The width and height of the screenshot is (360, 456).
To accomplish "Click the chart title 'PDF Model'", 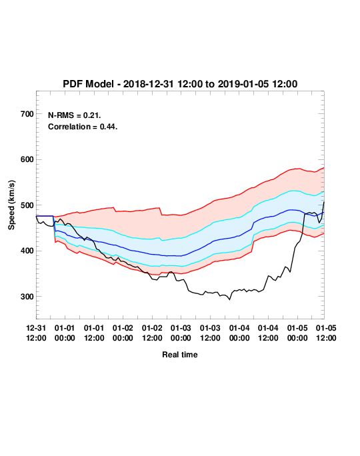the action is point(88,84).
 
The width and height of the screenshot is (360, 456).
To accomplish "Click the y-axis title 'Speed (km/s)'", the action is point(11,205).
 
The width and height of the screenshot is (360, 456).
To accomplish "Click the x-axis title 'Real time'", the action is point(180,355).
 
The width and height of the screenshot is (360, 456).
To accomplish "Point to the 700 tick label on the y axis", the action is point(27,114).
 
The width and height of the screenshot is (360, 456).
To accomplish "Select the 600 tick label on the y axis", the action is point(27,159).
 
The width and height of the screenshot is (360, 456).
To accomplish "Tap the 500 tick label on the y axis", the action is point(27,205).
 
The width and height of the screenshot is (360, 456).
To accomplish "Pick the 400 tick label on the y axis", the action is point(27,251).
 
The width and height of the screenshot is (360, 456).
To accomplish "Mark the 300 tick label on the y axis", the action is point(27,297).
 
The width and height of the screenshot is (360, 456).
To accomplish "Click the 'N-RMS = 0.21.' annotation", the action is point(75,115).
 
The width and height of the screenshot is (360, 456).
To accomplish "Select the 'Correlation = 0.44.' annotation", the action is point(83,127).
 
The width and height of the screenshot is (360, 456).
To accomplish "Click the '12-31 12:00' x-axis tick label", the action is point(36,333).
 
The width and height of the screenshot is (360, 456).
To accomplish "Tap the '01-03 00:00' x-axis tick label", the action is point(181,333).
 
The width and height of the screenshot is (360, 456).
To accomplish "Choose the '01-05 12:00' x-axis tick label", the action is point(326,333).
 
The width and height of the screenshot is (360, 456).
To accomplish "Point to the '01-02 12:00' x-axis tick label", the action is point(152,333).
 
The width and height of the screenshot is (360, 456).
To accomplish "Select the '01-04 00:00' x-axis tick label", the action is point(239,333).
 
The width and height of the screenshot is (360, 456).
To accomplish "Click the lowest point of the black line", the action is point(230,299).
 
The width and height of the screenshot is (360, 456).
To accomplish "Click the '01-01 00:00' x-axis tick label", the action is point(65,333).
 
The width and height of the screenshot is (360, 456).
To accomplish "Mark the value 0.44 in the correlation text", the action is point(109,127).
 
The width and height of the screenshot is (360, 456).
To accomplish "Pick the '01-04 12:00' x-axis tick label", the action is point(268,333).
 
